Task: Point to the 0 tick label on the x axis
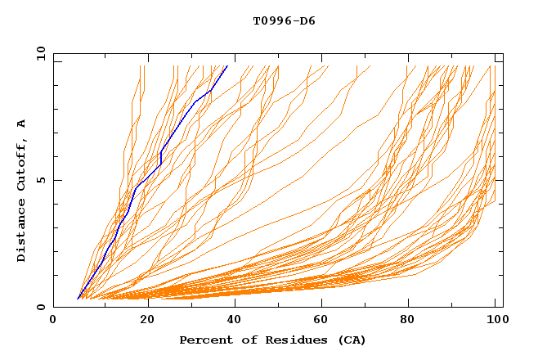coord(53,321)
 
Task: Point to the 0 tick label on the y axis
coord(41,307)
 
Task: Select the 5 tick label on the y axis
coord(41,180)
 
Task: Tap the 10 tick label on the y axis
coord(38,53)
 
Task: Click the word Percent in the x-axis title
coord(204,340)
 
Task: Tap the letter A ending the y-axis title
coord(22,124)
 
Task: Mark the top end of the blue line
coord(226,66)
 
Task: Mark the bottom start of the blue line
coord(78,299)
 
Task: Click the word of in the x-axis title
coord(240,340)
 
